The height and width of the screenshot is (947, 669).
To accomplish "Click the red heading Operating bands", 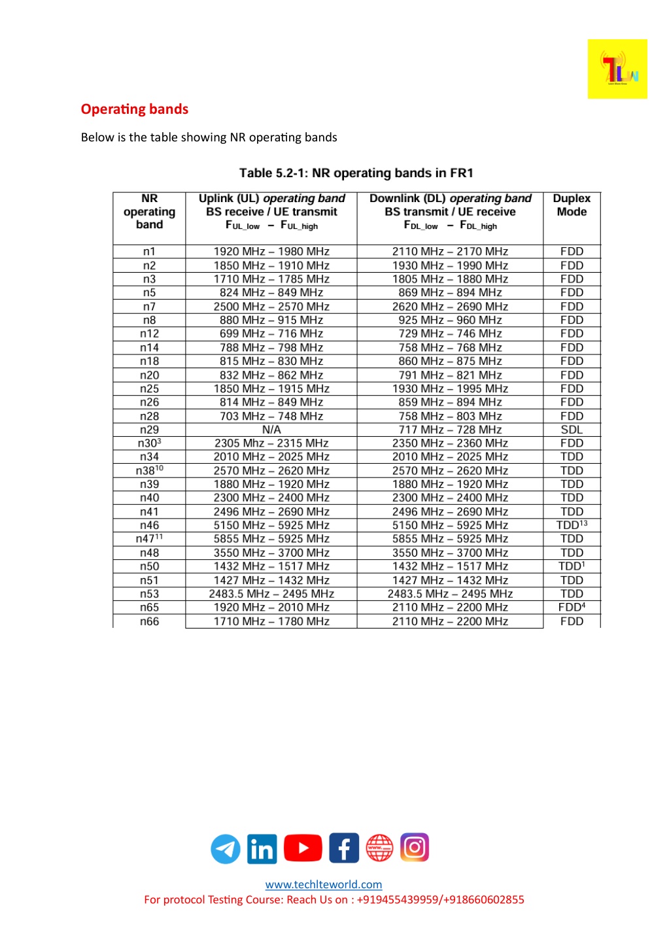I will [x=135, y=109].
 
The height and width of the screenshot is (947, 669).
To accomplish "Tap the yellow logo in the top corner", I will [x=617, y=69].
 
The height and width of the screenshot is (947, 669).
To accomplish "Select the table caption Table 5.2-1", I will [x=356, y=173].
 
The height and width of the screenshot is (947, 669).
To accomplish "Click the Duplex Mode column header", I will [x=571, y=205].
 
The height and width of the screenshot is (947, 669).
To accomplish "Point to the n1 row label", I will [x=149, y=252].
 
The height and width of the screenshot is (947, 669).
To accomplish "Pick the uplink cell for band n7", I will [x=271, y=307].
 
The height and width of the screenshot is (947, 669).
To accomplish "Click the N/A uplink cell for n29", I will [x=271, y=430].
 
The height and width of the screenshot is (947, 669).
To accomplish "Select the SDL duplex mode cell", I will [x=571, y=430].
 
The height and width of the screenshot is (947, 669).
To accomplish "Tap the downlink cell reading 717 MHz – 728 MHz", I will [x=450, y=430].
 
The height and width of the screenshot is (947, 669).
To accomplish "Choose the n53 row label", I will [x=149, y=594].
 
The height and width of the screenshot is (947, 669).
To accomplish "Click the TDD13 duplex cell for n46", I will [x=571, y=525].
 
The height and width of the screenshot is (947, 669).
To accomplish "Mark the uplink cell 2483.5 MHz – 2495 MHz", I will [x=271, y=594].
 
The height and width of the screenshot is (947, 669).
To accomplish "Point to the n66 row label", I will [x=149, y=621].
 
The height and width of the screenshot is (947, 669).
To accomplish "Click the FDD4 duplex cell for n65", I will [x=571, y=608].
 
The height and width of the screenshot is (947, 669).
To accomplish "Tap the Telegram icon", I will [x=225, y=849].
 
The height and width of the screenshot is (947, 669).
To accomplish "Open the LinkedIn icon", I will [x=262, y=849].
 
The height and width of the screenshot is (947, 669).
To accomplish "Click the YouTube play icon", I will [x=303, y=848].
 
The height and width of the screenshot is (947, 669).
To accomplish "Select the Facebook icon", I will [x=344, y=848].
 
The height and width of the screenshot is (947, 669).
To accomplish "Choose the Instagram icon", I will [x=414, y=848].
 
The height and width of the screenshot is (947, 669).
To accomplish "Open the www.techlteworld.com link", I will [x=324, y=885].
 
